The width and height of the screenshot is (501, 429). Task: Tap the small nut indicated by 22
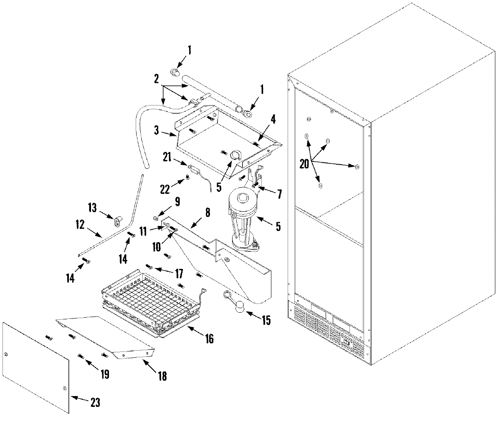[x=187, y=178]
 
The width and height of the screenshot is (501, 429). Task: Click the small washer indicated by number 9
[x=155, y=217]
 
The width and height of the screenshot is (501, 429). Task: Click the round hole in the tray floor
[x=235, y=156]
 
